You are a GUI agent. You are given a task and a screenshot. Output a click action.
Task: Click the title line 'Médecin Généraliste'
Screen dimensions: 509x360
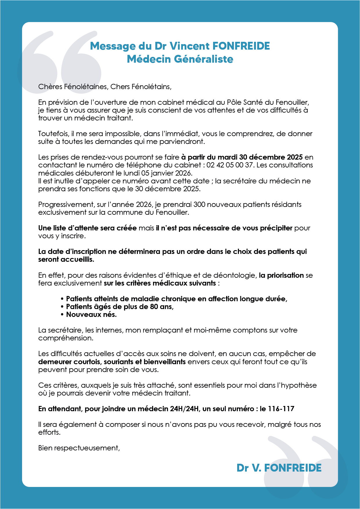point(180,59)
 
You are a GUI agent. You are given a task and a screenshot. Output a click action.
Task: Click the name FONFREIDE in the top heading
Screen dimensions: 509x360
point(241,46)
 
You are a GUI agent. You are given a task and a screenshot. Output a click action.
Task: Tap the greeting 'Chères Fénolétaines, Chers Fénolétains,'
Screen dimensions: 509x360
point(105,86)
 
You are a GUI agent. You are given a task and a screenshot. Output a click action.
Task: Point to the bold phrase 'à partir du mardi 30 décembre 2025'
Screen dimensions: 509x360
point(242,157)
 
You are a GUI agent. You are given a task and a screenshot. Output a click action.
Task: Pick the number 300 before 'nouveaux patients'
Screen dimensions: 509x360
point(199,205)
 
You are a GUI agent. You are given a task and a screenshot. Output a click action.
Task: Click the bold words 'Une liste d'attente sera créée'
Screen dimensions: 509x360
point(87,228)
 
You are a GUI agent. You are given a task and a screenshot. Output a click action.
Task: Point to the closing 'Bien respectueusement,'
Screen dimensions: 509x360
point(79,448)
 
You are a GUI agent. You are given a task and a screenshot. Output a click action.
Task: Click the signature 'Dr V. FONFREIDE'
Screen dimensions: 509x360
point(279,468)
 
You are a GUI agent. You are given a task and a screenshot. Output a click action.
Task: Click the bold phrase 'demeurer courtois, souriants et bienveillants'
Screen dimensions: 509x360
point(112,362)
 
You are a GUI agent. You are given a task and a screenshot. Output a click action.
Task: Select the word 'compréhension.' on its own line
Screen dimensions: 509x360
point(66,338)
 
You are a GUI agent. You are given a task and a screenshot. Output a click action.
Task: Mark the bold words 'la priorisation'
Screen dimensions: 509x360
point(281,275)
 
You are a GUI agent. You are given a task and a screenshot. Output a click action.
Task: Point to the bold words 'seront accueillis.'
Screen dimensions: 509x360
point(66,259)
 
